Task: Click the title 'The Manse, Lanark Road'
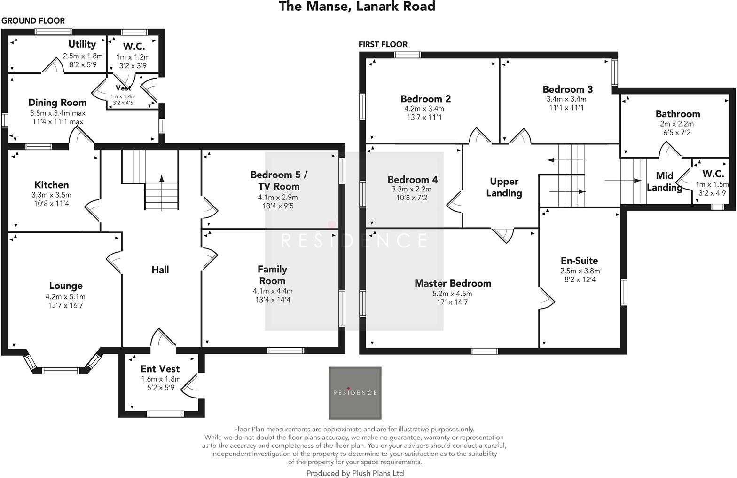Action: [357, 7]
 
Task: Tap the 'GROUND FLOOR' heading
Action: [33, 21]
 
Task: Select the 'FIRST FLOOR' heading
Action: [383, 44]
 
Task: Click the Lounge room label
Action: [66, 286]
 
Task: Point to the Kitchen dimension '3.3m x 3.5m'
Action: [51, 195]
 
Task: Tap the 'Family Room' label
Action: [272, 275]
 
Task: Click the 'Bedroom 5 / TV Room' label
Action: [279, 180]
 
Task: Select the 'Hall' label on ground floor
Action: [160, 270]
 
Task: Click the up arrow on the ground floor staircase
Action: [162, 179]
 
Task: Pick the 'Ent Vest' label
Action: [160, 369]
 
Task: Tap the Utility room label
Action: [82, 44]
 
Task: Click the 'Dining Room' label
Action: [57, 103]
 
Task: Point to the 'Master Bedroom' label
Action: [453, 283]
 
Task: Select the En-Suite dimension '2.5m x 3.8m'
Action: [580, 271]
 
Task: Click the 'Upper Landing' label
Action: [504, 187]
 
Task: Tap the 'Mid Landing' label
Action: [664, 182]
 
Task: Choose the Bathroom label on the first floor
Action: [677, 114]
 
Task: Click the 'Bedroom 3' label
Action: [567, 89]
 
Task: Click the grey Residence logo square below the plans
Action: [355, 393]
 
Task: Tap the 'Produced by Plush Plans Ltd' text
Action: [355, 473]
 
